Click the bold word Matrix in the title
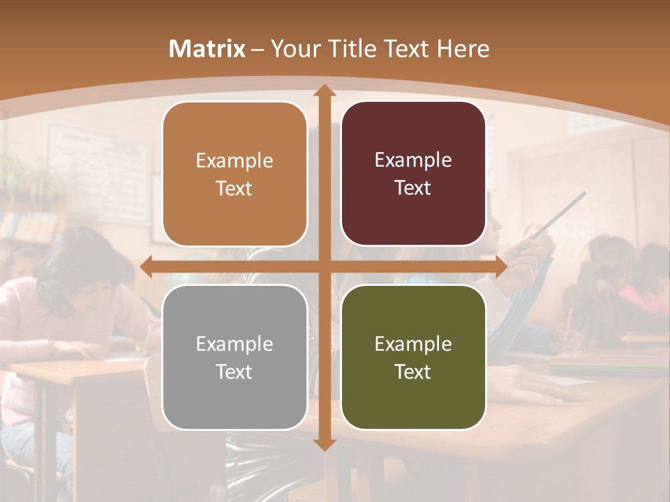[x=207, y=49]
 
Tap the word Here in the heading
[x=463, y=49]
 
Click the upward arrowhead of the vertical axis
[x=324, y=91]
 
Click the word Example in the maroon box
[x=413, y=160]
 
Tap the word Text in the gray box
[x=234, y=372]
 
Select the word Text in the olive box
[x=413, y=372]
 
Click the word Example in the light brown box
[x=234, y=161]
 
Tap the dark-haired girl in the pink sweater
[x=84, y=293]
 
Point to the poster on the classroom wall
[x=98, y=174]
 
